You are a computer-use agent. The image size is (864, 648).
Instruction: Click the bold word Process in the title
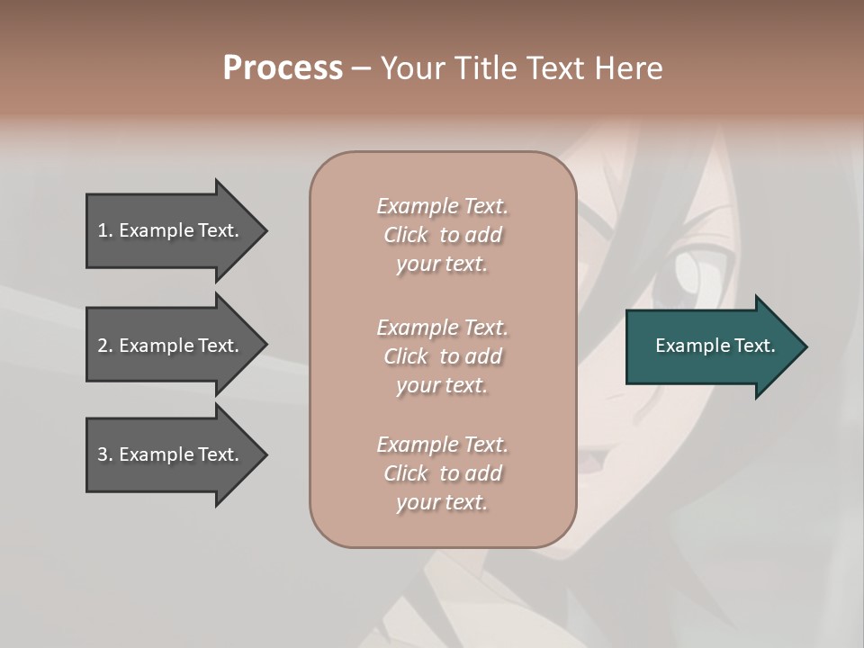(x=283, y=68)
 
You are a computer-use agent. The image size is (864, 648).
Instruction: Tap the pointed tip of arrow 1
(x=265, y=230)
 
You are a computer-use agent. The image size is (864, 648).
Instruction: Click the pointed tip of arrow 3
(x=265, y=454)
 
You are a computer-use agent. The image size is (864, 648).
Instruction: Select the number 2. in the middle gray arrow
(x=104, y=346)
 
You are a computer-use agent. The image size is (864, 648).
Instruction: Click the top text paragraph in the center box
(x=442, y=235)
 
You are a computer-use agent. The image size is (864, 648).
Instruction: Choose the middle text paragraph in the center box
(x=442, y=356)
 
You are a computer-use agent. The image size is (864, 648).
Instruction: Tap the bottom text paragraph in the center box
(x=442, y=473)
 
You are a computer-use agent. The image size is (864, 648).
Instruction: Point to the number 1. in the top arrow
(x=104, y=230)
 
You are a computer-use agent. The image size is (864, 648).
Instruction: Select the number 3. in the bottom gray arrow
(x=104, y=454)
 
